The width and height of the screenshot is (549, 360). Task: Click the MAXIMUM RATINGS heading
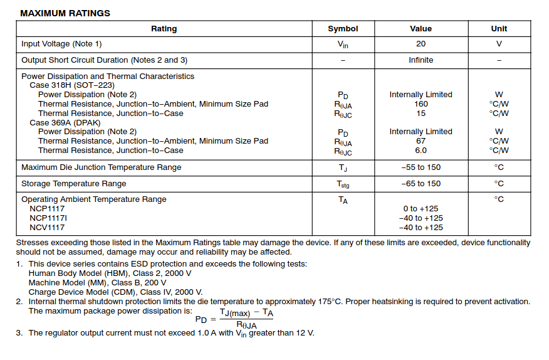coord(65,13)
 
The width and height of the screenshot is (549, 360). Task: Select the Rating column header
coord(164,29)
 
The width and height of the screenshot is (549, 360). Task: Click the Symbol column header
coord(343,29)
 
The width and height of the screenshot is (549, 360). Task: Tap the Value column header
coord(421,29)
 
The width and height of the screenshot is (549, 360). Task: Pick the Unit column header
coord(499,29)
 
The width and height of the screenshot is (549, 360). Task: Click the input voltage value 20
coord(421,44)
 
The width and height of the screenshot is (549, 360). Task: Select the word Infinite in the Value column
coord(421,60)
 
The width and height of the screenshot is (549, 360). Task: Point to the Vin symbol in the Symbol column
coord(343,45)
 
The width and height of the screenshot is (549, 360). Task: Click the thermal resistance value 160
coord(421,104)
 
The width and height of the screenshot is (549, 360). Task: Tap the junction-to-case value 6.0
coord(421,151)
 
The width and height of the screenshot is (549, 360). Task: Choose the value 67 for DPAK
coord(421,141)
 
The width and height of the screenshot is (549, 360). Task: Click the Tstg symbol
coord(343,184)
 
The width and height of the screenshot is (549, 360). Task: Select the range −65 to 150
coord(421,184)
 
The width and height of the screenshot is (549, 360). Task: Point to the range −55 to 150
coord(421,167)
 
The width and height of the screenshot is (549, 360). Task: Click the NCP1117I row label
coord(49,218)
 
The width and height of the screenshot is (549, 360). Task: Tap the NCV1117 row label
coord(47,228)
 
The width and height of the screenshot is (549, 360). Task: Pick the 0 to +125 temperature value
coord(421,209)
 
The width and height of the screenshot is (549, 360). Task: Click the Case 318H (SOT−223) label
coord(72,85)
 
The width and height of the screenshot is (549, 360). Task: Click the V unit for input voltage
coord(499,44)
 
